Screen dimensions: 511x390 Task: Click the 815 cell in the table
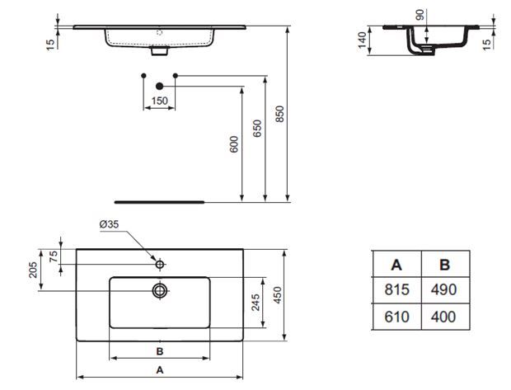tap(396, 289)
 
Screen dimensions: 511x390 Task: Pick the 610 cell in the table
tap(396, 317)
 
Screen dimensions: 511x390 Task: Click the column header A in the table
tap(396, 265)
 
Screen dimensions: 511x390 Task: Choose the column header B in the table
tap(444, 265)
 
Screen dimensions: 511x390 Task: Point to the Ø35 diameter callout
tap(109, 224)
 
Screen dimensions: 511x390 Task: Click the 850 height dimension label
tap(279, 114)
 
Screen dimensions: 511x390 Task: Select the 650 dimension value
tap(257, 129)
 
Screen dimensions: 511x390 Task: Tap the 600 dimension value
tap(234, 144)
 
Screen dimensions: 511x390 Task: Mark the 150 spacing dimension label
tap(159, 101)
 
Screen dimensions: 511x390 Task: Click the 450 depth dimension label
tap(277, 295)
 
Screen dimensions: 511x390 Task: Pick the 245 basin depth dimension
tap(255, 303)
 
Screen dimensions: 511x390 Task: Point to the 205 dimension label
tap(33, 270)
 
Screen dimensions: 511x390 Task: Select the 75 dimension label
tap(54, 256)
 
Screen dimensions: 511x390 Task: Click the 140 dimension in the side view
tap(362, 40)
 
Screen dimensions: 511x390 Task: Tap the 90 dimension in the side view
tap(420, 15)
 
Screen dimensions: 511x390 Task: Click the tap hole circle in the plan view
tap(160, 265)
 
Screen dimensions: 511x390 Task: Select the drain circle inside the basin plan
tap(160, 290)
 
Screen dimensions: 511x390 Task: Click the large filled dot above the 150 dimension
tap(159, 86)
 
